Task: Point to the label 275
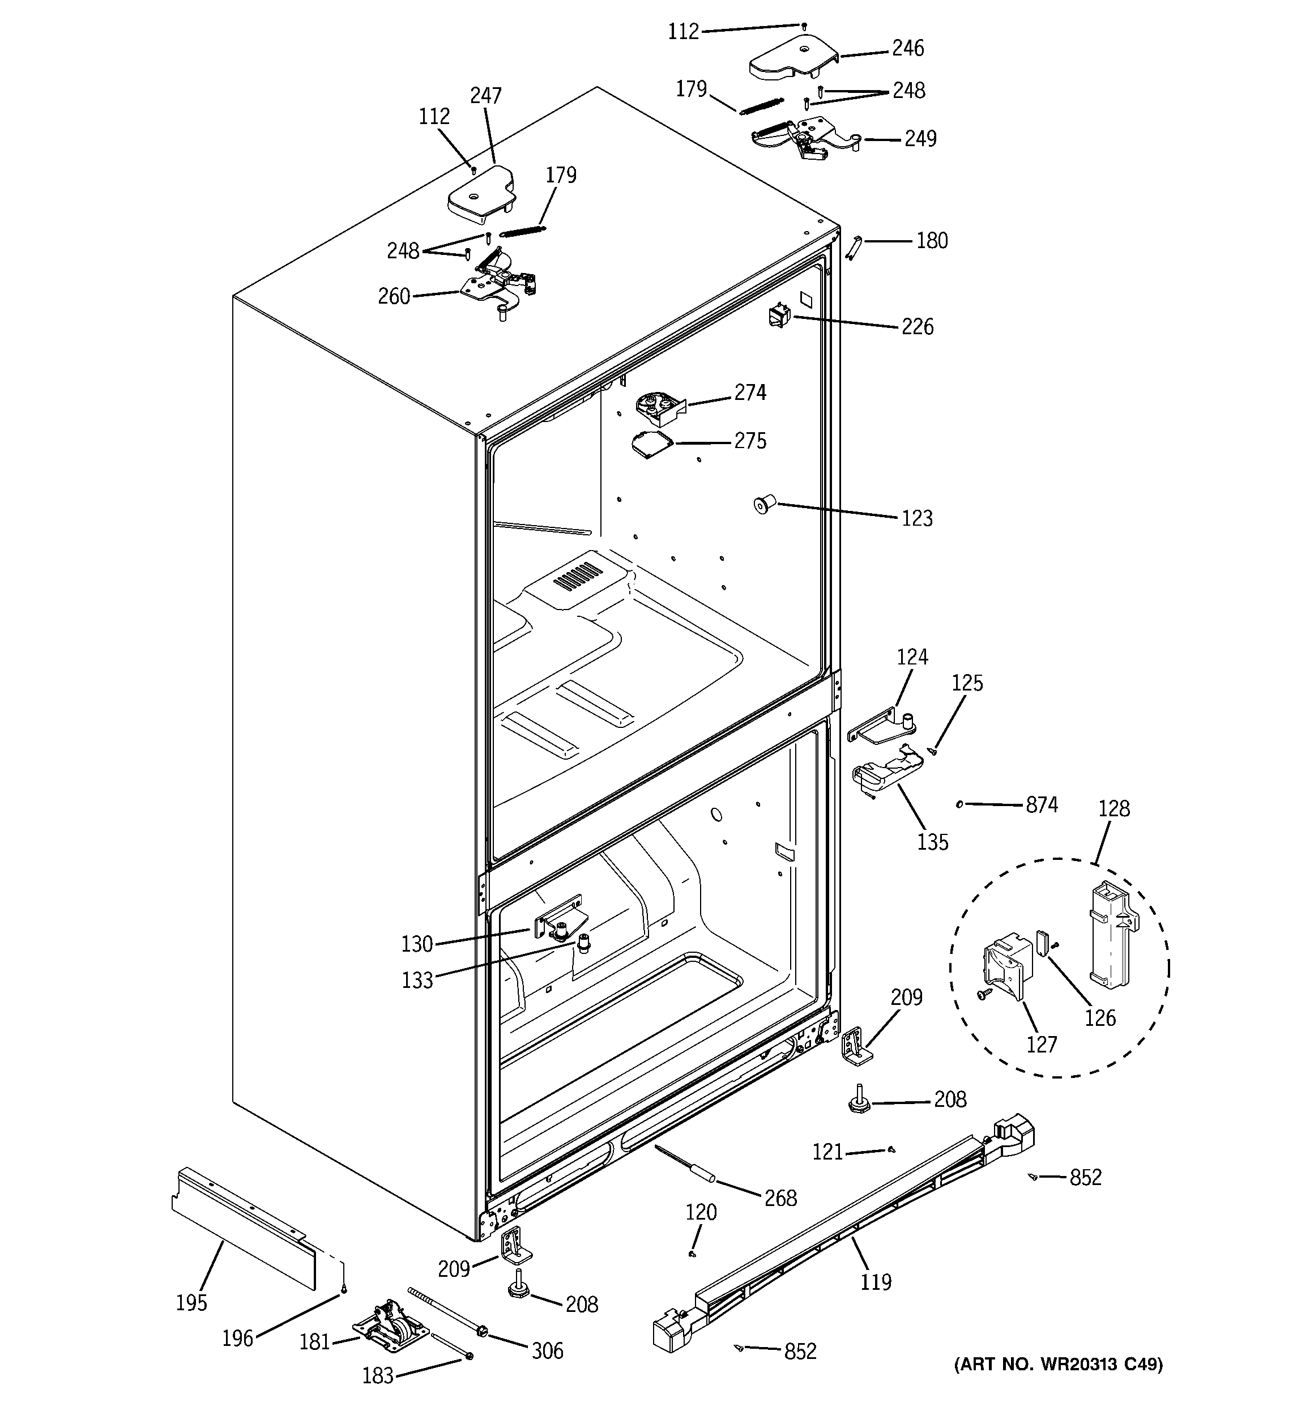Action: pos(750,441)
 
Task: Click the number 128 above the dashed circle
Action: pos(1114,808)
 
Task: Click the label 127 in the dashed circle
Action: pos(1041,1044)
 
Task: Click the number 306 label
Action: pos(547,1350)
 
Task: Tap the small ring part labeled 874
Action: pos(959,804)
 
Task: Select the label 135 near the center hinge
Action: pos(932,842)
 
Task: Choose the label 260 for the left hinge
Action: pos(394,296)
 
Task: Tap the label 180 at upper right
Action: pos(932,241)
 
